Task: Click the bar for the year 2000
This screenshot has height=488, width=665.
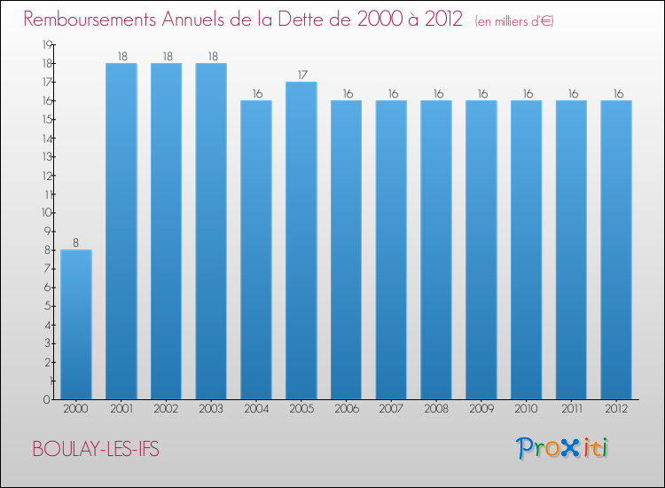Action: pyautogui.click(x=75, y=324)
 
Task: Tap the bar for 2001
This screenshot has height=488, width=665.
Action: pyautogui.click(x=121, y=231)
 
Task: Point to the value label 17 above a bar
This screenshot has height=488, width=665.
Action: pyautogui.click(x=301, y=75)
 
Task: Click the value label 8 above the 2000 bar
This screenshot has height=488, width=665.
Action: pyautogui.click(x=75, y=242)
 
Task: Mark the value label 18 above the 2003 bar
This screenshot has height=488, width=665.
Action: pyautogui.click(x=211, y=56)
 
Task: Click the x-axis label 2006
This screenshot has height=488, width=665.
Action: pyautogui.click(x=346, y=410)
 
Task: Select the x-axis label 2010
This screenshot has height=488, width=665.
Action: pyautogui.click(x=526, y=410)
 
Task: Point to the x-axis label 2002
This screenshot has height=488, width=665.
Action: pyautogui.click(x=166, y=410)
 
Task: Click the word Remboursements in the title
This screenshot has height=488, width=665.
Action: pyautogui.click(x=97, y=20)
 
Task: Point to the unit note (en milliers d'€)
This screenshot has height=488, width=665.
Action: pyautogui.click(x=514, y=21)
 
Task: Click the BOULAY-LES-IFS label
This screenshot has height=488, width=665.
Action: pyautogui.click(x=96, y=449)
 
